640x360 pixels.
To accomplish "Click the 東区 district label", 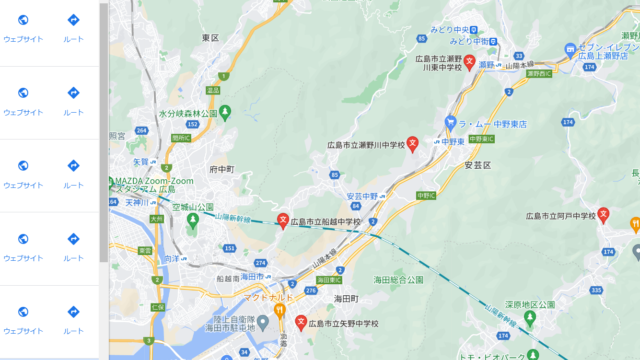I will [209, 37].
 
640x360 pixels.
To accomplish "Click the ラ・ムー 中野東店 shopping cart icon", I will [451, 122].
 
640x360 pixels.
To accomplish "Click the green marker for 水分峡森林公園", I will [226, 111].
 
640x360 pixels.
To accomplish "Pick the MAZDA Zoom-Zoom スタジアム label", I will [150, 184].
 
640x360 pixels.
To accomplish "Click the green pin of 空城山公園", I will [192, 218].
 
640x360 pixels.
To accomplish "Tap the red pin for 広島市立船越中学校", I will [282, 220].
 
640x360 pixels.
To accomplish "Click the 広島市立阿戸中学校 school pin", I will [603, 214].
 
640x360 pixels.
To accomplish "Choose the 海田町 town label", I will [346, 298].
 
